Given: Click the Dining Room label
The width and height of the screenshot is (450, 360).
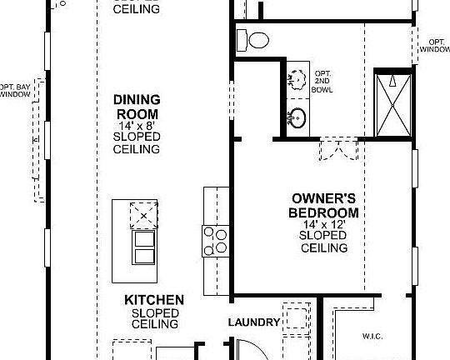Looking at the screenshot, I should pos(137,105).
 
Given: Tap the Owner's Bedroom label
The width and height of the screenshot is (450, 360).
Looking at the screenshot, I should pos(324,205).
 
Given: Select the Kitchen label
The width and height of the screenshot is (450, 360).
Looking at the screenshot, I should pos(154,299).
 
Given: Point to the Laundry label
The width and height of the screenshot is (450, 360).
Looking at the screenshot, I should pos(252,322).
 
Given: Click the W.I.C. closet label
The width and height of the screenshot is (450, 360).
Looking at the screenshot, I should pos(372,337).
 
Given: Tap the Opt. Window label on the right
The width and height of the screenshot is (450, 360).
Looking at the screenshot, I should pos(437,45).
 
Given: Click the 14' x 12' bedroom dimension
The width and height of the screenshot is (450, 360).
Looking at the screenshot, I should pos(324,225).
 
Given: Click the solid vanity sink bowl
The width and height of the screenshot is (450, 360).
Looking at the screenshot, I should pos(297,117).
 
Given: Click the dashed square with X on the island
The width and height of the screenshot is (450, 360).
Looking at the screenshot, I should pos(143,214).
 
